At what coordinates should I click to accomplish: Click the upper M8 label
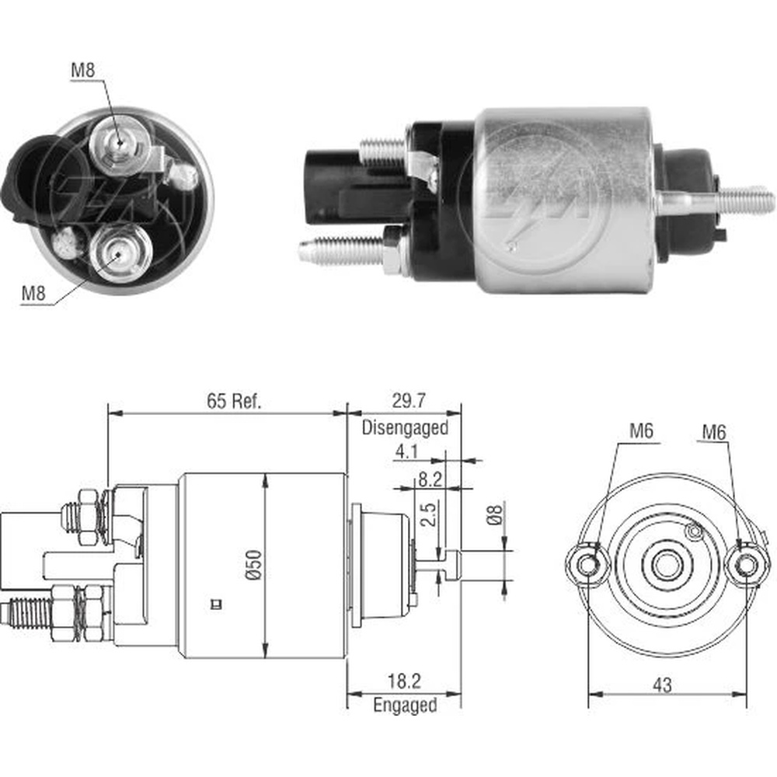83,69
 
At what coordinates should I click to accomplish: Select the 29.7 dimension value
404,401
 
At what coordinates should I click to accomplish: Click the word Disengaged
405,427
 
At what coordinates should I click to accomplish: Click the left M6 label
639,432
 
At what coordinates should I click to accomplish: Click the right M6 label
714,432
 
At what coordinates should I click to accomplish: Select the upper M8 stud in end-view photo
119,141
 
